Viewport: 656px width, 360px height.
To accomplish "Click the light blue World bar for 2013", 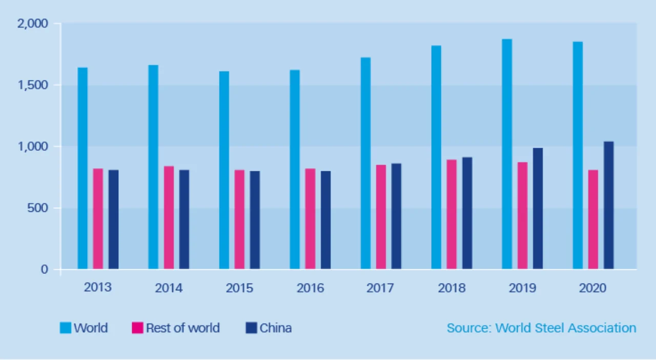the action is pos(83,168).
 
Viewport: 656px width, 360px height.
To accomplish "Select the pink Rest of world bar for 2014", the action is pos(169,217).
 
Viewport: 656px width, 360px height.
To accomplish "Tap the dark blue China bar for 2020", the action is pos(608,205).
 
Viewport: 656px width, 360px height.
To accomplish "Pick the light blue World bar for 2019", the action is pos(507,154).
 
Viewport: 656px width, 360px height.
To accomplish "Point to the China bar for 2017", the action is pos(396,216).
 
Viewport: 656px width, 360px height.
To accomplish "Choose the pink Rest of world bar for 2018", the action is pos(452,214).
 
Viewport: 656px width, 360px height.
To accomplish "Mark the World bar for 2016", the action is pos(295,169).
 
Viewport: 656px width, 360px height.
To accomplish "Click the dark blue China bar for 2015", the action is pos(255,220).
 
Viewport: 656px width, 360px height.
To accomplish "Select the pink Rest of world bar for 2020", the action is pos(593,219).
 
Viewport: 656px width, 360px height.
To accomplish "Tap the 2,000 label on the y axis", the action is pos(32,24).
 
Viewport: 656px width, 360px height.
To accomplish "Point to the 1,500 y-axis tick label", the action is pos(33,85).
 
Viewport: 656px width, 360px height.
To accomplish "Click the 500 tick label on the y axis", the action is pos(37,208).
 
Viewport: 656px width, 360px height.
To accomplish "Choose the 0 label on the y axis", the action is pos(45,269).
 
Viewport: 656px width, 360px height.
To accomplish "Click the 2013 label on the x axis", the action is pos(98,287).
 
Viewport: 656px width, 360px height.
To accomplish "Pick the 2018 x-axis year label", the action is pos(452,288).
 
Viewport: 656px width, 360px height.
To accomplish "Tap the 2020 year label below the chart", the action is pos(593,288).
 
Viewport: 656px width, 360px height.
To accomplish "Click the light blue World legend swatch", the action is pos(65,328).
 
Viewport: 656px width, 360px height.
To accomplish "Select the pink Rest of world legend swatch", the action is pos(137,328).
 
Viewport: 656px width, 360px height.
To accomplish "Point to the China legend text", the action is pos(276,328).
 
